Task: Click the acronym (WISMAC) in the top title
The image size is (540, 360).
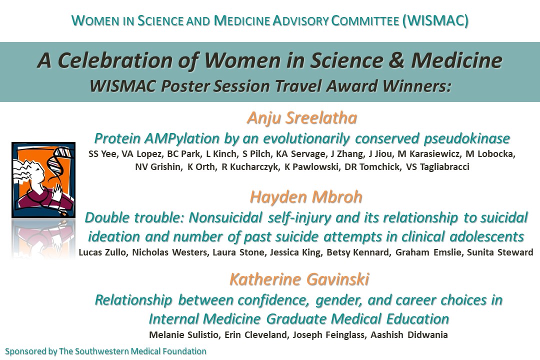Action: point(435,20)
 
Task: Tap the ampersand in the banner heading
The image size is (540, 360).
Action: point(396,60)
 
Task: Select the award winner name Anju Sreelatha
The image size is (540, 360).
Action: point(302,118)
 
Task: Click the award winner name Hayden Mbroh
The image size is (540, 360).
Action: point(306,197)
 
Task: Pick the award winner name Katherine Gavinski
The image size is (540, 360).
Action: point(299,279)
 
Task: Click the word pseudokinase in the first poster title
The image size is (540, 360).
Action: point(467,138)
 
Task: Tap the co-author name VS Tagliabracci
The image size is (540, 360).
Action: point(437,167)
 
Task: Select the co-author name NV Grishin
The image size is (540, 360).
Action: point(158,167)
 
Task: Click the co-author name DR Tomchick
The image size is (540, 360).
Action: point(372,167)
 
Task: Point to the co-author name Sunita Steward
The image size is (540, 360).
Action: point(500,252)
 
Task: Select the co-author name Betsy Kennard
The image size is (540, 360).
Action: point(358,252)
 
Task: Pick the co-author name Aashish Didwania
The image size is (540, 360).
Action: point(409,335)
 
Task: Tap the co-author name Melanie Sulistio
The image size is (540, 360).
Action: point(184,335)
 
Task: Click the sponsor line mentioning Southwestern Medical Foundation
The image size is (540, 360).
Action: point(105,351)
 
